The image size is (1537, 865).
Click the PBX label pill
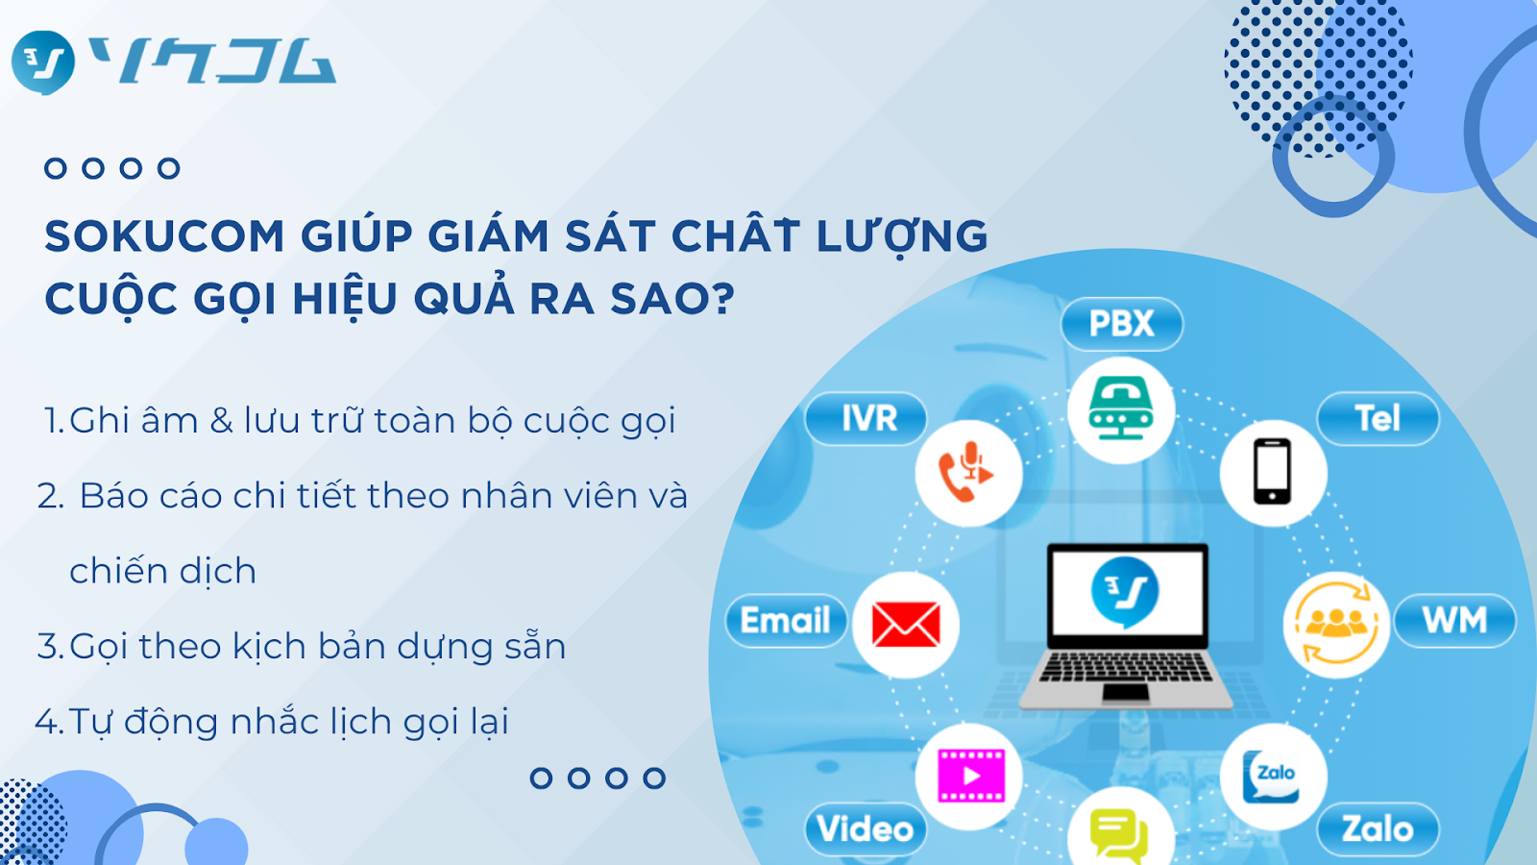[x=1122, y=324]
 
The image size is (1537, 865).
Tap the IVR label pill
[x=866, y=419]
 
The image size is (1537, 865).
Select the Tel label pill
[x=1378, y=419]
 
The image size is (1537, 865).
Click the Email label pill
[x=787, y=621]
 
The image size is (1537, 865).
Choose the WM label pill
[x=1454, y=621]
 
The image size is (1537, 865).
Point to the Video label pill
[x=866, y=829]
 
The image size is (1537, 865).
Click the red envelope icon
[x=906, y=625]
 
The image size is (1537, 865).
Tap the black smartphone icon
[x=1273, y=472]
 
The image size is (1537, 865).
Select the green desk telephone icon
[x=1121, y=408]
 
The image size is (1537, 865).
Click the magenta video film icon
[x=971, y=776]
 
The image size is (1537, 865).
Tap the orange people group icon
[x=1336, y=624]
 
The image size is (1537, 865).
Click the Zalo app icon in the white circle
[x=1272, y=777]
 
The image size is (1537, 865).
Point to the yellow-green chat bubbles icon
[x=1118, y=836]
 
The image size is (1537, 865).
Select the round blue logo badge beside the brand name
[x=42, y=62]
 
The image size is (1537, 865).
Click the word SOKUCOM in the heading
[x=164, y=236]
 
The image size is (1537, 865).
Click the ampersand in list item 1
[x=221, y=421]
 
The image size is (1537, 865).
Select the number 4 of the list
[x=47, y=722]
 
